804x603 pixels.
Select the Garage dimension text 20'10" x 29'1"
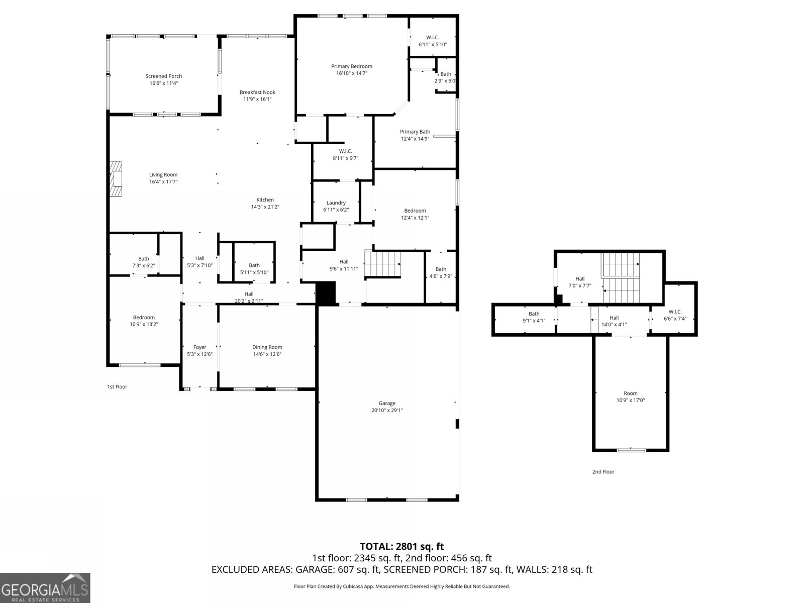click(387, 410)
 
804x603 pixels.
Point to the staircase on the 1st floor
click(383, 264)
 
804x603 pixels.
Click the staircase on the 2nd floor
click(621, 279)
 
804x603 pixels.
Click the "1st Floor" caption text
click(117, 386)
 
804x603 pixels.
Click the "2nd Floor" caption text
click(603, 471)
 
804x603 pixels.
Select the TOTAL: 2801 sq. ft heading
click(401, 546)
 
